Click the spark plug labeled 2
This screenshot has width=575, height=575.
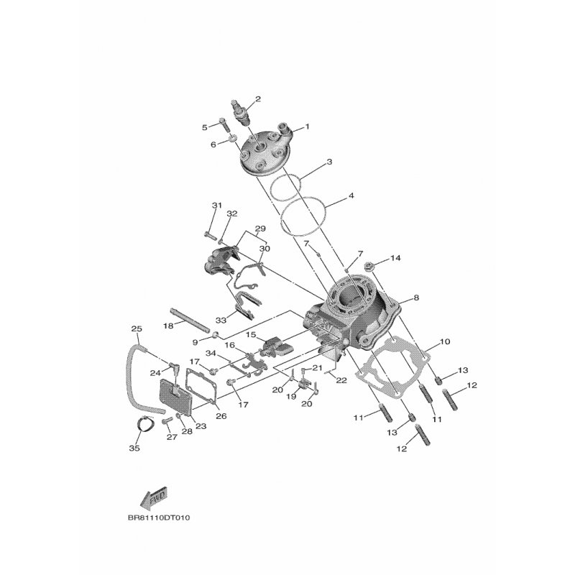[x=240, y=112]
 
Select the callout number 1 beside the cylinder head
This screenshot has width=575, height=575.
[x=308, y=126]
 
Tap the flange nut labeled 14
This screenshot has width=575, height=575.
[x=369, y=267]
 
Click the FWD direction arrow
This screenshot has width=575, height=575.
[x=154, y=497]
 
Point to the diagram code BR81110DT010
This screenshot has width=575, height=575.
[x=159, y=518]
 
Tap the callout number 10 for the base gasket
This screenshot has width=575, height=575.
[x=444, y=342]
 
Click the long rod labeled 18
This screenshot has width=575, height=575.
[x=189, y=319]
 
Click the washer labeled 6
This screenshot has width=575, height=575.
[x=232, y=139]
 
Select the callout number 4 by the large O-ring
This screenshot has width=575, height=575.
[x=351, y=195]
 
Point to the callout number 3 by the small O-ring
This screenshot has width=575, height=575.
[x=329, y=162]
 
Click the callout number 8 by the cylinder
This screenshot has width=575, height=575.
[x=416, y=298]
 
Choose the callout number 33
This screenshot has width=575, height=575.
[x=221, y=320]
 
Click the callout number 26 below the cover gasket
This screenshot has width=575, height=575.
[x=221, y=416]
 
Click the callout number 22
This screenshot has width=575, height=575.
[x=341, y=381]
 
